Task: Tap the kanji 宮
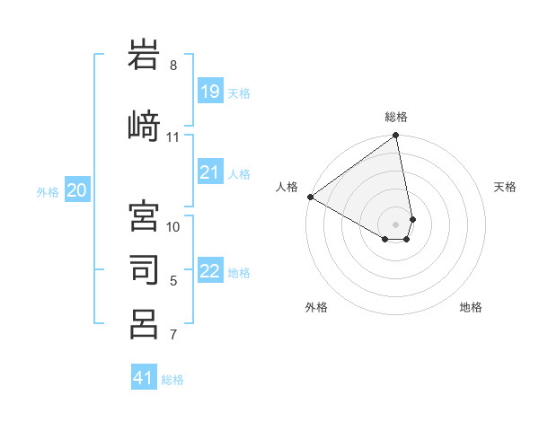point(145,216)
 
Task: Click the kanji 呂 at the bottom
point(145,323)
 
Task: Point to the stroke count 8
point(173,66)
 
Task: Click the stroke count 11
point(173,137)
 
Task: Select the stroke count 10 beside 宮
point(174,226)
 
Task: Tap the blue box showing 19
point(209,91)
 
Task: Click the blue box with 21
point(209,172)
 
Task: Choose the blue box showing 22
point(209,271)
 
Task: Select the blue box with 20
point(77,189)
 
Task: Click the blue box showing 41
point(144,378)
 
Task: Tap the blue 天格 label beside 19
point(239,92)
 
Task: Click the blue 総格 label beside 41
point(172,380)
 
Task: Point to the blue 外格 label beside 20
point(48,191)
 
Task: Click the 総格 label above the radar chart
point(396,117)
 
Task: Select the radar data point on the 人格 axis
point(310,197)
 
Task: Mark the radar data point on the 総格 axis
point(396,136)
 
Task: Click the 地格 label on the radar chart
point(471,307)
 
